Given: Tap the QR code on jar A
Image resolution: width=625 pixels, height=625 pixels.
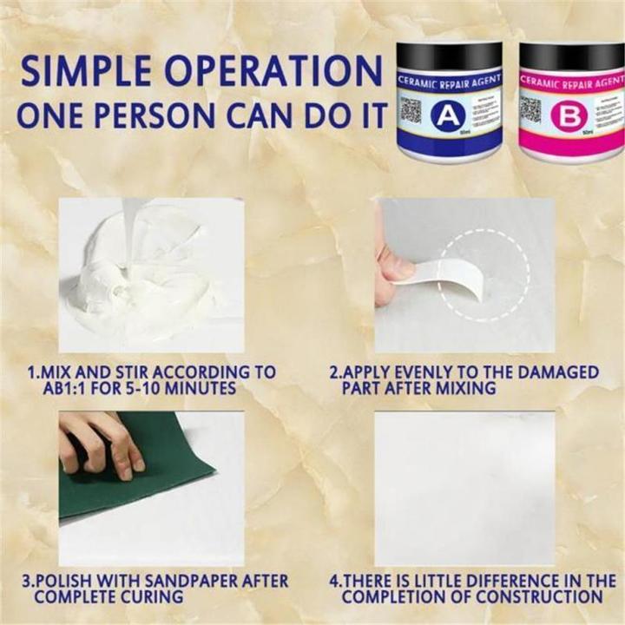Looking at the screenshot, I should (x=411, y=110).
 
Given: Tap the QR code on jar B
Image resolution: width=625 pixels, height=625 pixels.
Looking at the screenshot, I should (x=530, y=110).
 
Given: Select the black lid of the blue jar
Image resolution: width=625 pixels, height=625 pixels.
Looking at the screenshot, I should (x=448, y=56).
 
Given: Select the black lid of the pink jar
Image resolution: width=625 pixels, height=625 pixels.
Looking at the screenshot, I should (x=571, y=56).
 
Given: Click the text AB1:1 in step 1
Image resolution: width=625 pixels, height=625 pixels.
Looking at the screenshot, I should (x=56, y=389).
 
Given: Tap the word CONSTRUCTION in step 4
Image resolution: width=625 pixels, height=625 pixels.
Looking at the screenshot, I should (x=537, y=597).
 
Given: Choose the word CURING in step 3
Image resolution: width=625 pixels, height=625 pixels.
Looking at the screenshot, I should (x=155, y=597).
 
